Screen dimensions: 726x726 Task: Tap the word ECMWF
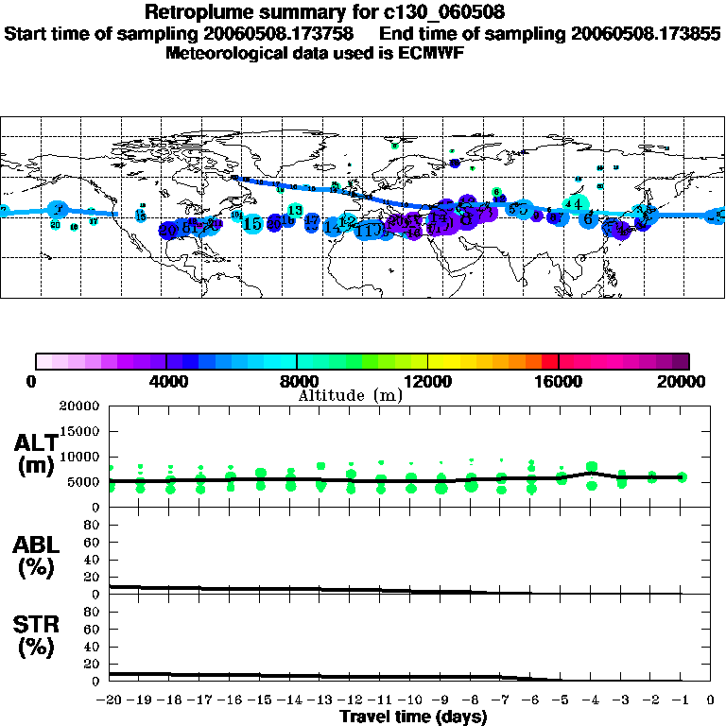(x=433, y=53)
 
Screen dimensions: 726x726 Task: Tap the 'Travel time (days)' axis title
(x=413, y=717)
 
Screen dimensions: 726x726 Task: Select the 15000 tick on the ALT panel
(x=80, y=431)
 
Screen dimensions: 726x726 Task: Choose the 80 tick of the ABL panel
(x=94, y=526)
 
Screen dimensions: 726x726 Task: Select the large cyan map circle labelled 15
(x=252, y=224)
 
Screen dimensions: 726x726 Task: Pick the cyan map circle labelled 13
(x=295, y=210)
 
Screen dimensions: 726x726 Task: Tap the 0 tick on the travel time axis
(x=711, y=700)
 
